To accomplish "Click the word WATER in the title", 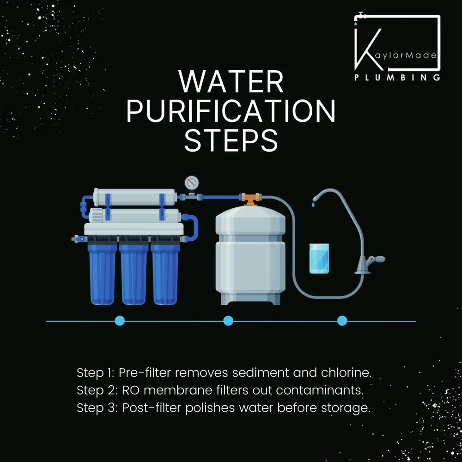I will tap(231, 83).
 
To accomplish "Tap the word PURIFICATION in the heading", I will tap(231, 111).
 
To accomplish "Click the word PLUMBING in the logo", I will tap(397, 78).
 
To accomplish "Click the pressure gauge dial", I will tap(190, 182).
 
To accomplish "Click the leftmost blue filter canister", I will tap(103, 275).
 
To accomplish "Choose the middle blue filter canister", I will tap(134, 275).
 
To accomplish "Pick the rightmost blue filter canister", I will tap(165, 275).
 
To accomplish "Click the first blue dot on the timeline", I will tap(120, 321).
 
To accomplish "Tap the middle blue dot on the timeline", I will tap(228, 321).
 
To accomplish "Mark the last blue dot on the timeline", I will tap(342, 321).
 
